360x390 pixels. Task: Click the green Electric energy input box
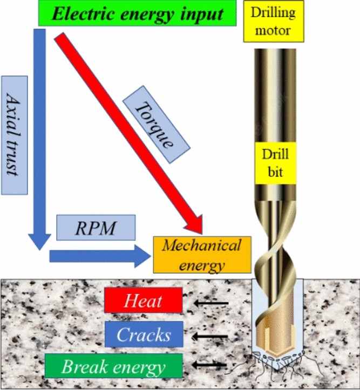click(138, 13)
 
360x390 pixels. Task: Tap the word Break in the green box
click(81, 367)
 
